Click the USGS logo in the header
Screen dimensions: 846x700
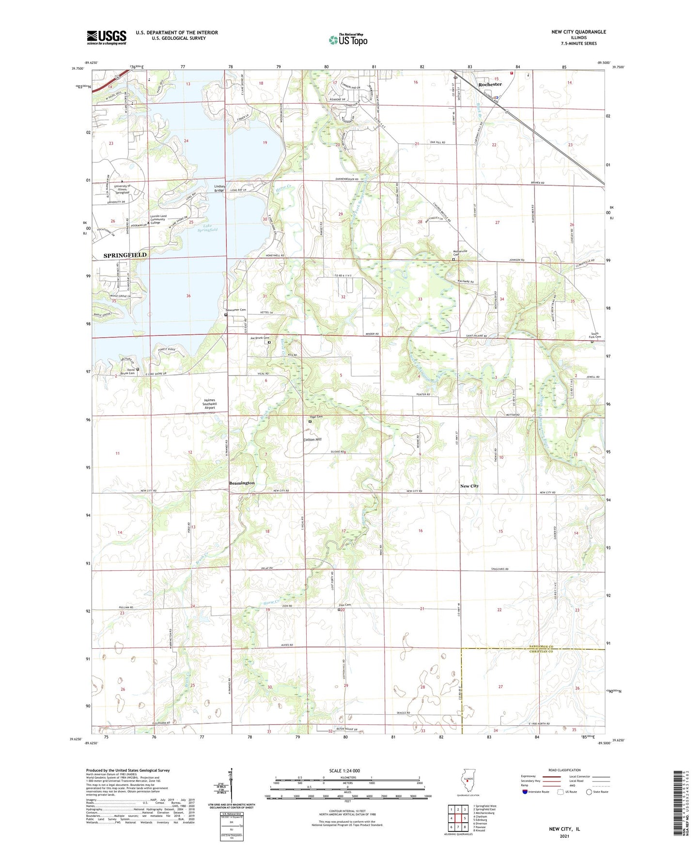107,37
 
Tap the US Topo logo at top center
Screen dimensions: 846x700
347,40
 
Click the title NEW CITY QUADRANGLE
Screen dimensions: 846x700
578,32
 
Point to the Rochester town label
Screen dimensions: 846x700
490,84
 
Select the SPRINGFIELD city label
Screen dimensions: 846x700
124,255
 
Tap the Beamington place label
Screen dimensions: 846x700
242,483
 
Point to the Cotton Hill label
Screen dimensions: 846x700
312,439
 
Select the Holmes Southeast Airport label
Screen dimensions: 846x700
210,404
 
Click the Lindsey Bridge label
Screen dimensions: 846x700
219,188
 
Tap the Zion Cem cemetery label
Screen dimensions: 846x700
344,605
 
